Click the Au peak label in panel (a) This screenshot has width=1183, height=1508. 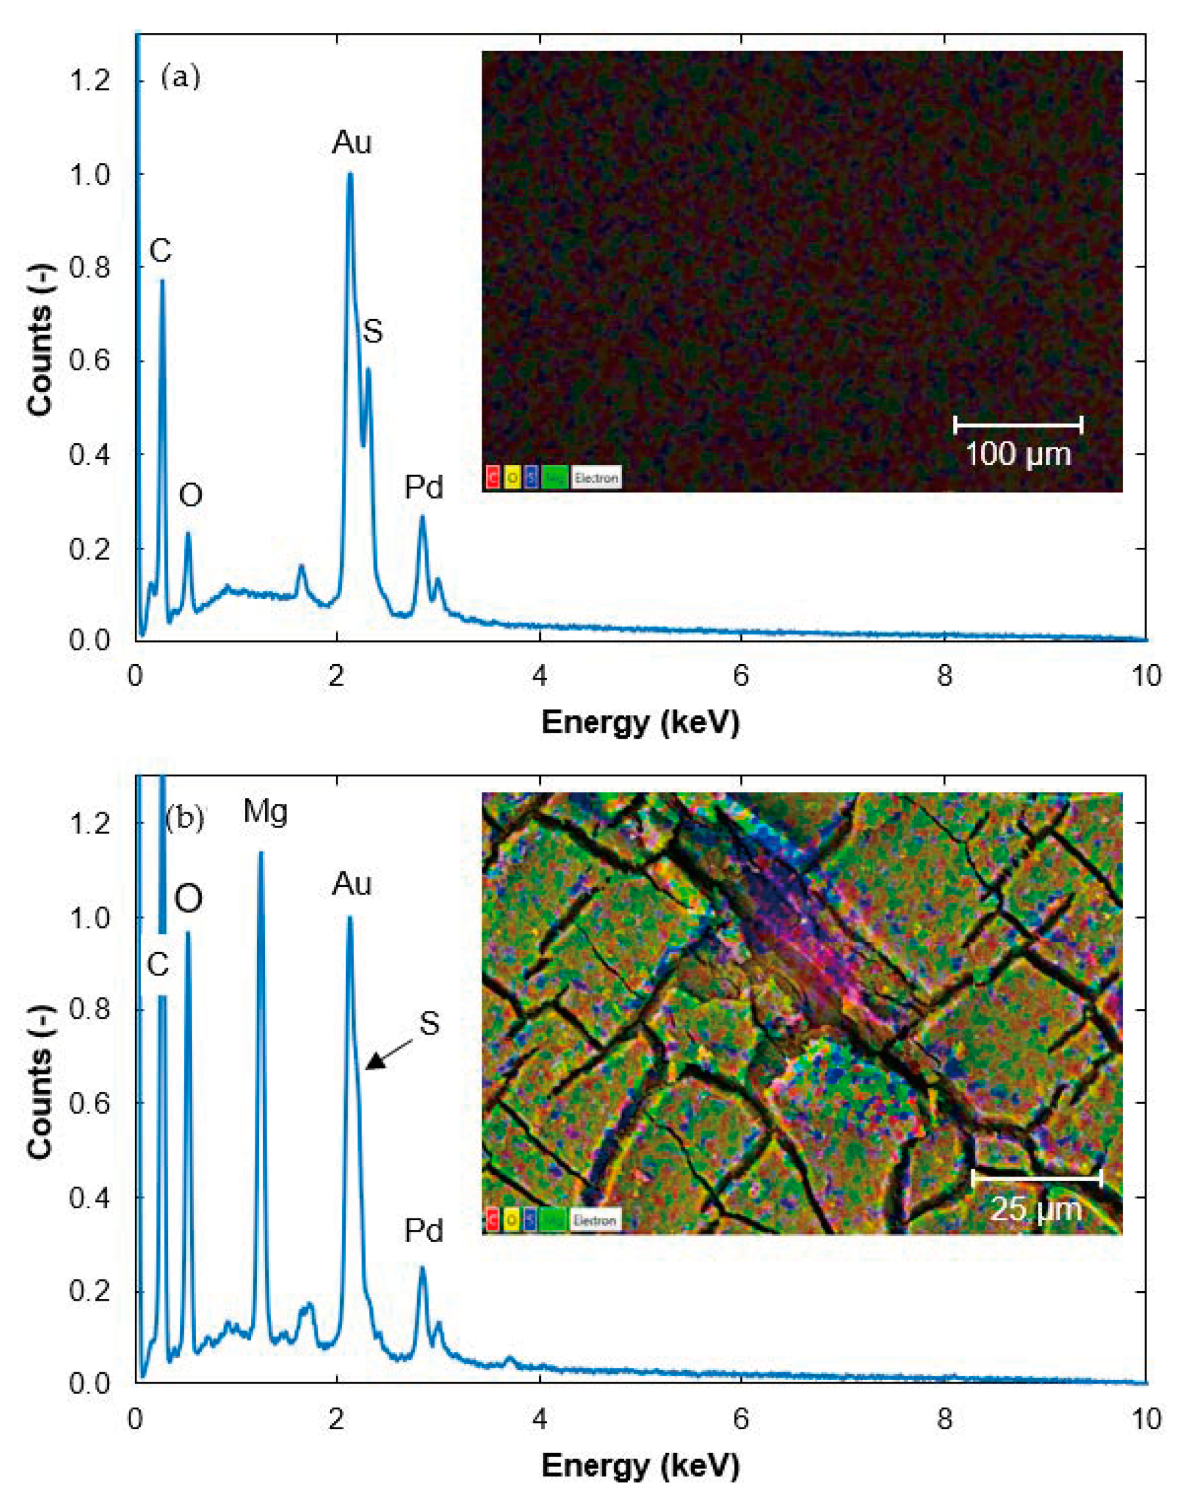352,143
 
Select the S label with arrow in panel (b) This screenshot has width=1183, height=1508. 429,1023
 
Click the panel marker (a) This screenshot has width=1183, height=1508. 180,78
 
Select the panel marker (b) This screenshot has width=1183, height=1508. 184,819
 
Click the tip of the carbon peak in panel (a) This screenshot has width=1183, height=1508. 162,280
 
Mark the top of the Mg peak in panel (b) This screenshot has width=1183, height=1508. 260,853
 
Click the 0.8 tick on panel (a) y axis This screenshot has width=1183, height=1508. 90,267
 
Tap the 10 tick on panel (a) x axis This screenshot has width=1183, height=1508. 1147,676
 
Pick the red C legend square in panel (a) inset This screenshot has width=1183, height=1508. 492,477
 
